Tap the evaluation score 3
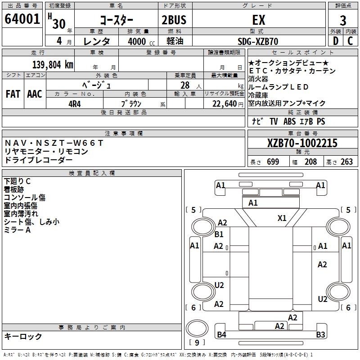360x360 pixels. (343, 21)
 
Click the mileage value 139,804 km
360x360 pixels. (53, 64)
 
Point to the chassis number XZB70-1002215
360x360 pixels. (302, 144)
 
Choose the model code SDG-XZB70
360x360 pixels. (258, 41)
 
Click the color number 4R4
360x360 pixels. (74, 103)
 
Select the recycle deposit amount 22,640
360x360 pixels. (224, 103)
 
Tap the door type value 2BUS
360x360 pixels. (174, 20)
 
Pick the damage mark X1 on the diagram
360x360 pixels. (282, 218)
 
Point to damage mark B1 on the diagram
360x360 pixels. (219, 234)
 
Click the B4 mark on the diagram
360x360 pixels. (221, 334)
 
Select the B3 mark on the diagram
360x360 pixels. (320, 334)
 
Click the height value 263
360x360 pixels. (347, 162)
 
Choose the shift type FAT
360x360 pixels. (13, 94)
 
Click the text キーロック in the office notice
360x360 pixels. (23, 336)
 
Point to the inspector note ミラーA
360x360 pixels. (17, 230)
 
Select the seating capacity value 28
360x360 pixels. (184, 85)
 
